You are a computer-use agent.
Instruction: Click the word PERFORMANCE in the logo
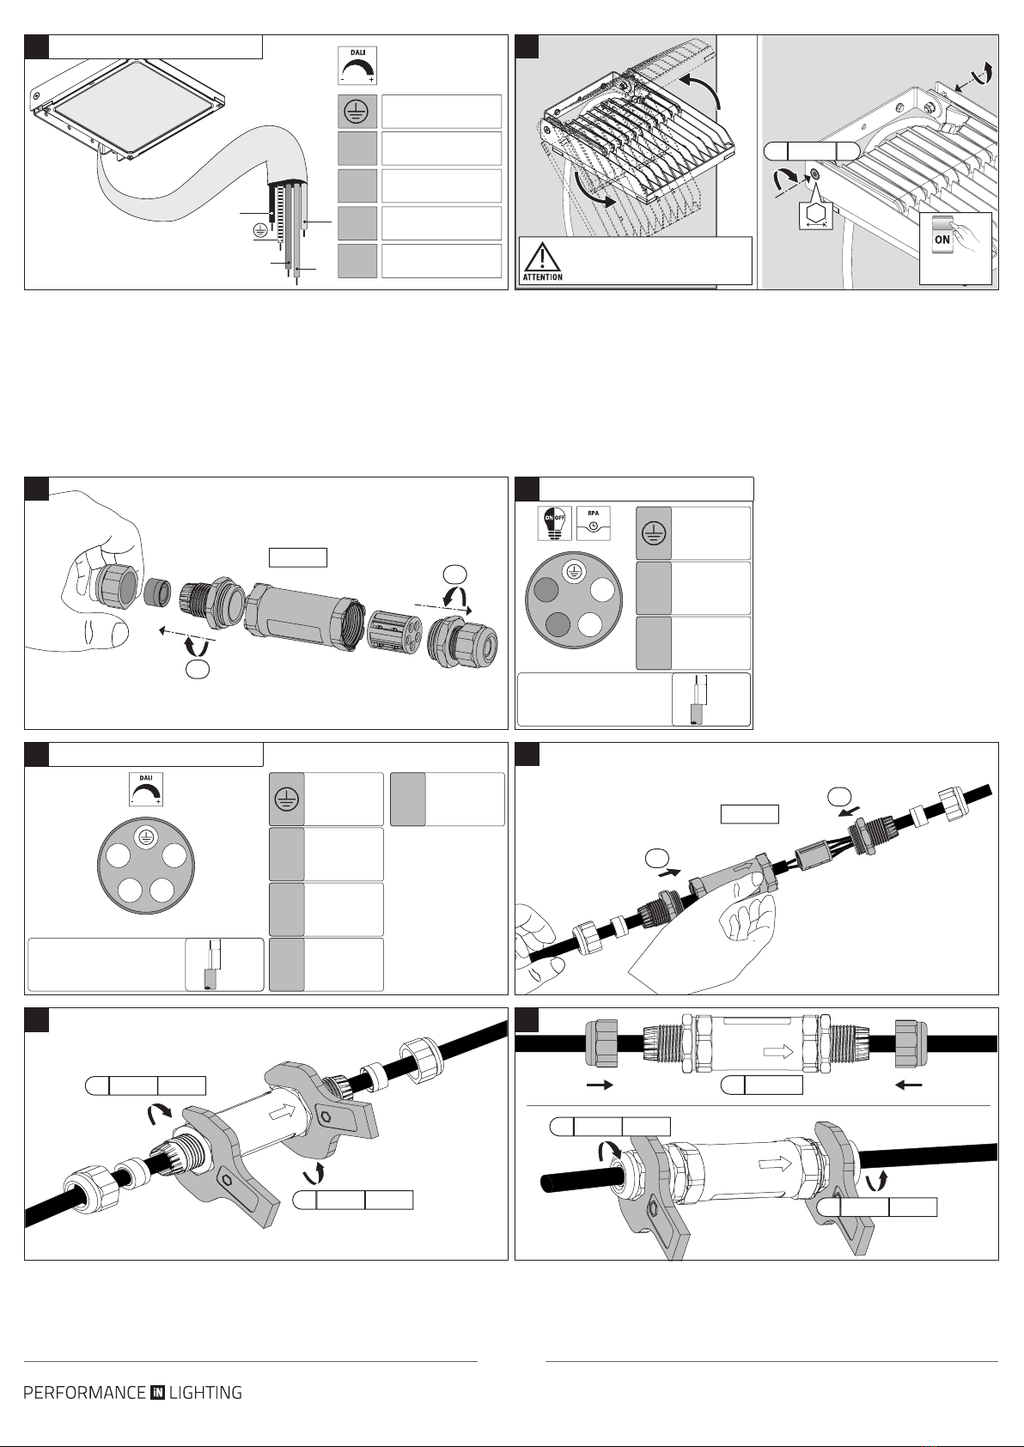click(85, 1392)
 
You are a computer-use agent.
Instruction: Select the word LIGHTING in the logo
click(205, 1392)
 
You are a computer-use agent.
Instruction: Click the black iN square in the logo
click(158, 1392)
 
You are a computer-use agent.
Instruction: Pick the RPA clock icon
click(593, 523)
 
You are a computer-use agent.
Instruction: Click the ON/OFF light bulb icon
click(554, 523)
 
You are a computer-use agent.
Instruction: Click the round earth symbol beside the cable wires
click(260, 231)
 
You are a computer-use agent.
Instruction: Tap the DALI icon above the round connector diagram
click(146, 789)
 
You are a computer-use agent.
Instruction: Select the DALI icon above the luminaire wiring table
click(357, 65)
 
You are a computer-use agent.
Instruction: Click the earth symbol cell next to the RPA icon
click(654, 533)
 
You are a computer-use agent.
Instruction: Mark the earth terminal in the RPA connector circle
click(571, 570)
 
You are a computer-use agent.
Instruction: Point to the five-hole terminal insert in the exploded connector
click(394, 632)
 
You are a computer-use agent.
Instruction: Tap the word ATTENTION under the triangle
click(543, 277)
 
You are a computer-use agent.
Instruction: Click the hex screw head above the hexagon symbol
click(814, 174)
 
